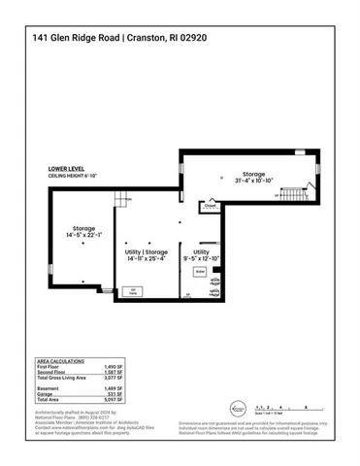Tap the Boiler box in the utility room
point(200,273)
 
